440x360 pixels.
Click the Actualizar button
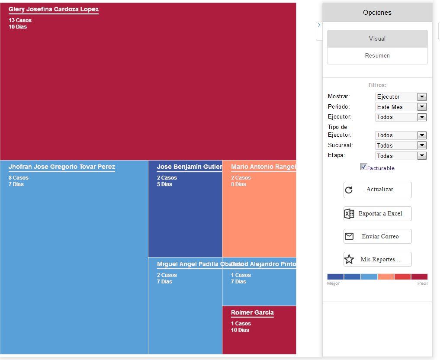pos(377,190)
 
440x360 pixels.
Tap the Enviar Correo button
pos(377,236)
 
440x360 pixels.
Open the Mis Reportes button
pos(377,259)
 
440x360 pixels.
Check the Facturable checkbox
pos(363,167)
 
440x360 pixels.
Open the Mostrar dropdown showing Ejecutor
pos(401,97)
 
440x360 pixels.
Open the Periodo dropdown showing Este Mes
pos(401,107)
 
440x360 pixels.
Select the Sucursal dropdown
pos(401,145)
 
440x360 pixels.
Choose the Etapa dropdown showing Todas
pos(401,156)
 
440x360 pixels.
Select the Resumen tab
pos(377,56)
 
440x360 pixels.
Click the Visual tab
pos(377,39)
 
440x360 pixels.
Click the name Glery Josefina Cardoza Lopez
pos(54,9)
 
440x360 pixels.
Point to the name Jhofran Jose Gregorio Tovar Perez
pos(62,167)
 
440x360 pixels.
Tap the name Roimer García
pos(252,312)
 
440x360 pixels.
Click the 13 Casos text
pos(20,20)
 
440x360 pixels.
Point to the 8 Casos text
pos(19,178)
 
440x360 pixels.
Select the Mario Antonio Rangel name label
pos(263,167)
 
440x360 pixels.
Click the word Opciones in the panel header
pos(377,13)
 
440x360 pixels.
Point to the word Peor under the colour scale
pos(423,283)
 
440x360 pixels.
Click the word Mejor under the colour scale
pos(334,283)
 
